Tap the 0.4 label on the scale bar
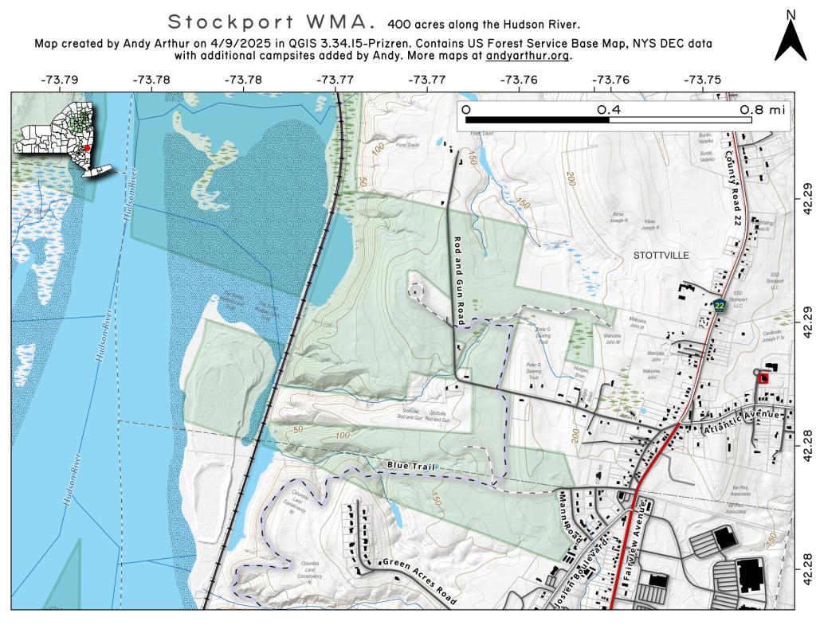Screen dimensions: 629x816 tap(609, 109)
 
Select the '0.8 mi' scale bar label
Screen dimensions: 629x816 tap(763, 109)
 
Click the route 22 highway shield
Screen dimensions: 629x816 tap(720, 305)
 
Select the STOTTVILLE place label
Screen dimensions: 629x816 tap(659, 256)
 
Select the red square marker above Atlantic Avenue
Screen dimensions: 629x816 tap(763, 378)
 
